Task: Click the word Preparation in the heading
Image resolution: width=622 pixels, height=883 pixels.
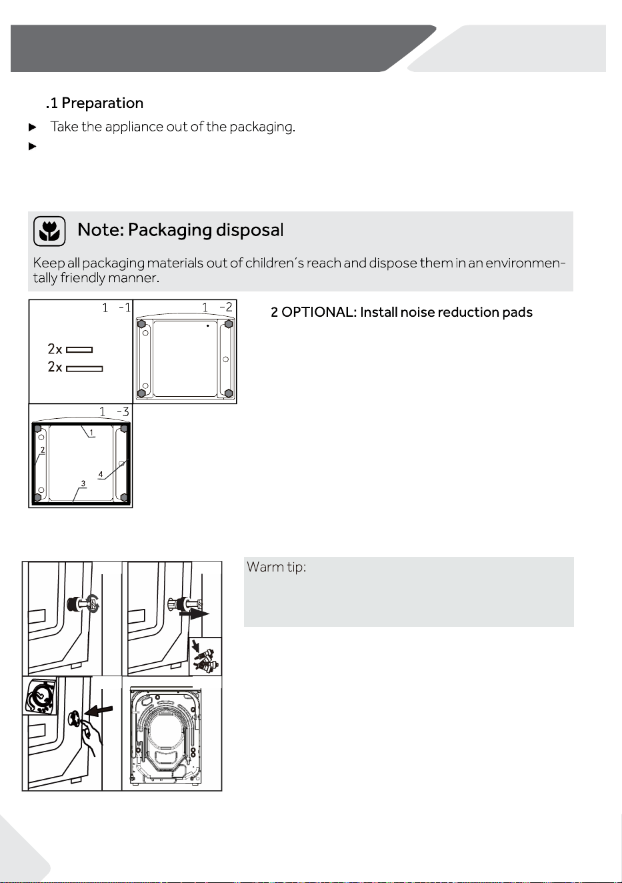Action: pyautogui.click(x=103, y=103)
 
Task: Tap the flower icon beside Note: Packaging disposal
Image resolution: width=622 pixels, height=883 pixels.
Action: pyautogui.click(x=49, y=231)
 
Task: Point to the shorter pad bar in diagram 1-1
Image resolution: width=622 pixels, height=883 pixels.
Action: pyautogui.click(x=79, y=349)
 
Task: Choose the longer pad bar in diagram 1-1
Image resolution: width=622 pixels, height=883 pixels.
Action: pyautogui.click(x=85, y=369)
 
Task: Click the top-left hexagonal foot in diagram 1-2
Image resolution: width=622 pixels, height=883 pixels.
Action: pyautogui.click(x=141, y=324)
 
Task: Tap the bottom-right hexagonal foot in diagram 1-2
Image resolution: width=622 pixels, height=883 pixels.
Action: pyautogui.click(x=228, y=393)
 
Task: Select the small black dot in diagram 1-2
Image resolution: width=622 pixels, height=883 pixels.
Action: pyautogui.click(x=208, y=325)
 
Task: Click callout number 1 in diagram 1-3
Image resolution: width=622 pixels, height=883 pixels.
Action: pyautogui.click(x=91, y=433)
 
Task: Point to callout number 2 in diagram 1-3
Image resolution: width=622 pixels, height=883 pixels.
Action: pyautogui.click(x=43, y=450)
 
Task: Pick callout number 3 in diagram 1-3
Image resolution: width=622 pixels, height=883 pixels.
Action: pyautogui.click(x=83, y=484)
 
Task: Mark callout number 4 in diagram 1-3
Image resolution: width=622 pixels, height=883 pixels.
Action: pyautogui.click(x=101, y=474)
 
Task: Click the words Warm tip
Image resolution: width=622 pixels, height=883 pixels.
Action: pyautogui.click(x=276, y=568)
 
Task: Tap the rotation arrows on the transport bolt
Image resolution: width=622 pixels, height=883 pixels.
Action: pyautogui.click(x=93, y=604)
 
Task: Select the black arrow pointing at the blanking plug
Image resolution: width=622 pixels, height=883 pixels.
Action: pyautogui.click(x=98, y=710)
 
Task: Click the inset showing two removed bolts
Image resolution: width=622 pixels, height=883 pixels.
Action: pyautogui.click(x=205, y=656)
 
